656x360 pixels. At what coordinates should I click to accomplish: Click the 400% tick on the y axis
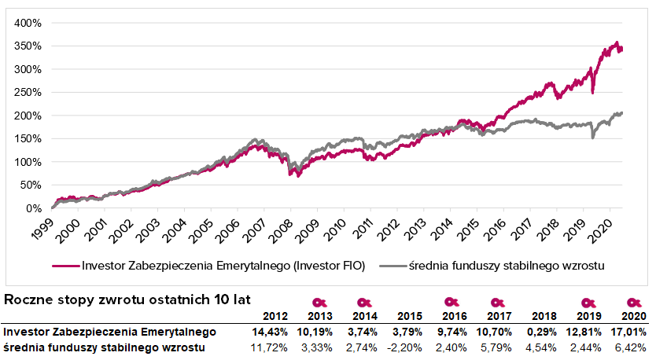pos(28,23)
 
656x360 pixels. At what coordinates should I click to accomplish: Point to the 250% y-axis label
pos(28,93)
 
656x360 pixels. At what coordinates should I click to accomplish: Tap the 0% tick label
pos(33,209)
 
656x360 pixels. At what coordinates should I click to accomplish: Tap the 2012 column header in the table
pos(273,315)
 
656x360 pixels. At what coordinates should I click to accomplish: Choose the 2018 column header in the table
pos(544,315)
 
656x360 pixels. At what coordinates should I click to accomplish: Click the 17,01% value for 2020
pos(629,332)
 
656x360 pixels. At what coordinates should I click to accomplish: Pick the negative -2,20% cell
pos(405,347)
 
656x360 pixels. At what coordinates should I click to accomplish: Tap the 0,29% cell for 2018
pos(540,332)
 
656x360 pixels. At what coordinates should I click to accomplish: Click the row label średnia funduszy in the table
pos(105,347)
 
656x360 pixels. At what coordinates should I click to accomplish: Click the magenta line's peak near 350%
pos(617,43)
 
